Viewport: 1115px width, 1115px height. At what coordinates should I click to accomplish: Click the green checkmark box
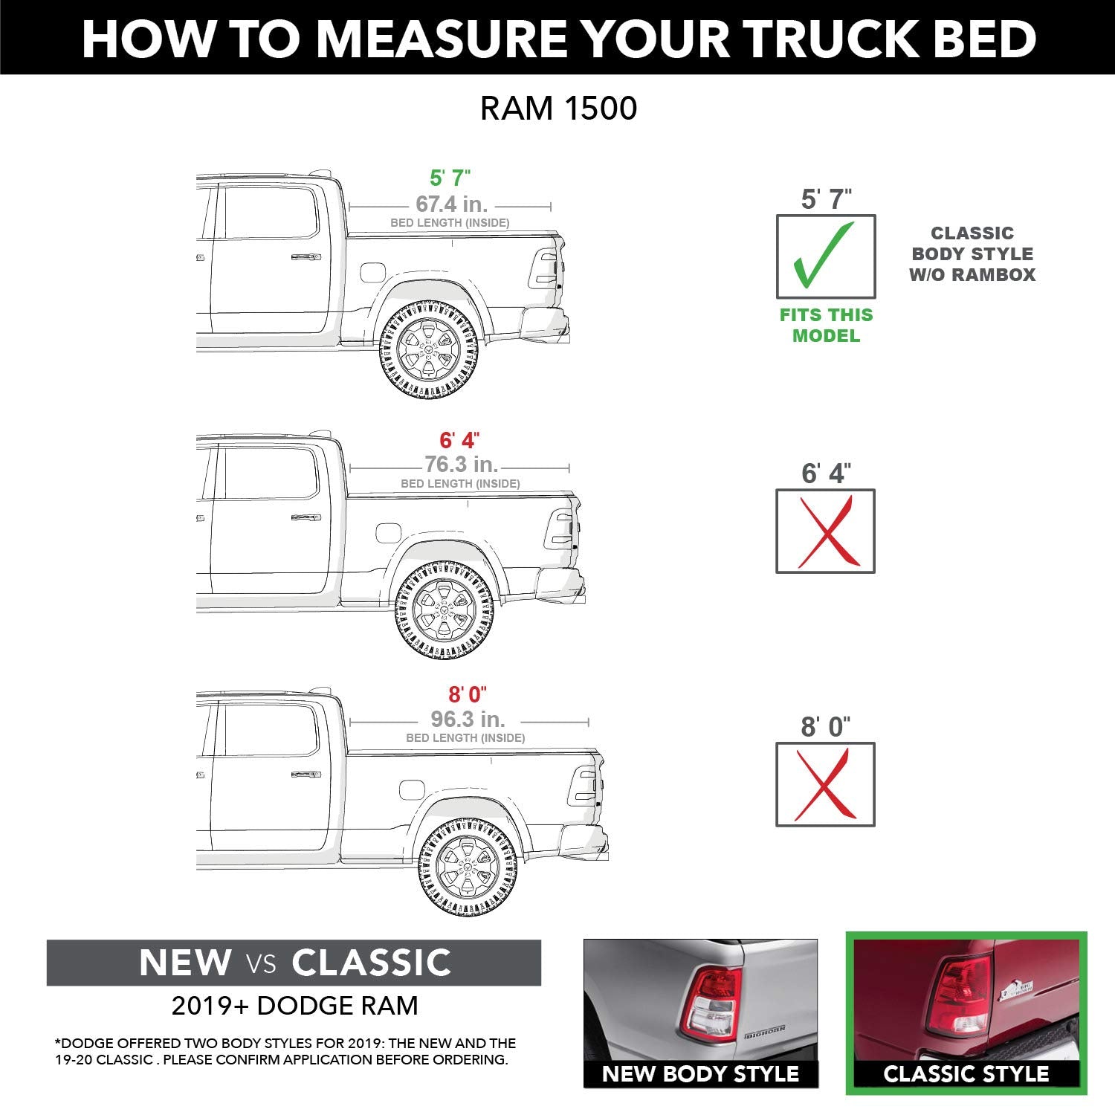point(825,256)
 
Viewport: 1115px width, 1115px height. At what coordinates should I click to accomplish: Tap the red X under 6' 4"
point(825,531)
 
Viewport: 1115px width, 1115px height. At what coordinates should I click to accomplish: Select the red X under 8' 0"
point(825,784)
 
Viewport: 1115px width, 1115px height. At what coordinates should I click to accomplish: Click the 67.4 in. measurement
point(451,204)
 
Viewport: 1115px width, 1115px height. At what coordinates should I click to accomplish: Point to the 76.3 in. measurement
point(461,465)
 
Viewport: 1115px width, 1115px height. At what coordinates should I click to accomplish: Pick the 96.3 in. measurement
point(468,720)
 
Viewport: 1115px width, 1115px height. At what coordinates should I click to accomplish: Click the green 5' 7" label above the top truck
point(450,178)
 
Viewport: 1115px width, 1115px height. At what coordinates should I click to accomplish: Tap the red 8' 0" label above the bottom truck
point(468,694)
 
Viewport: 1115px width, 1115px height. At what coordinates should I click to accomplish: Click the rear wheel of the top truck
point(429,347)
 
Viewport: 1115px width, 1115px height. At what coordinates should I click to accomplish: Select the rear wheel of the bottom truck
point(468,867)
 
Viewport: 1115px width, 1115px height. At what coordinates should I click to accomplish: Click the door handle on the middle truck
point(306,517)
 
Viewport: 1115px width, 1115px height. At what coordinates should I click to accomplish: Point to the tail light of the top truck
point(545,269)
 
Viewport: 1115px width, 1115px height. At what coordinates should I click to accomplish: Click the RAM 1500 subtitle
point(558,109)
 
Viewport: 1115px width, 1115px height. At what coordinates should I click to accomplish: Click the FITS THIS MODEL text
point(826,325)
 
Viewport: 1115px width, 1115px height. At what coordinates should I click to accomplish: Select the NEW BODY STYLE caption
point(700,1074)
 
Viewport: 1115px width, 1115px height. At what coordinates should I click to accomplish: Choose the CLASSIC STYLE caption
point(966,1074)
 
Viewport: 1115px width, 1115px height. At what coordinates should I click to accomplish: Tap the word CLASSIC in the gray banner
point(371,963)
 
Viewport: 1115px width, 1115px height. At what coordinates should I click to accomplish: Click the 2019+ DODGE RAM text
point(294,1006)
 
